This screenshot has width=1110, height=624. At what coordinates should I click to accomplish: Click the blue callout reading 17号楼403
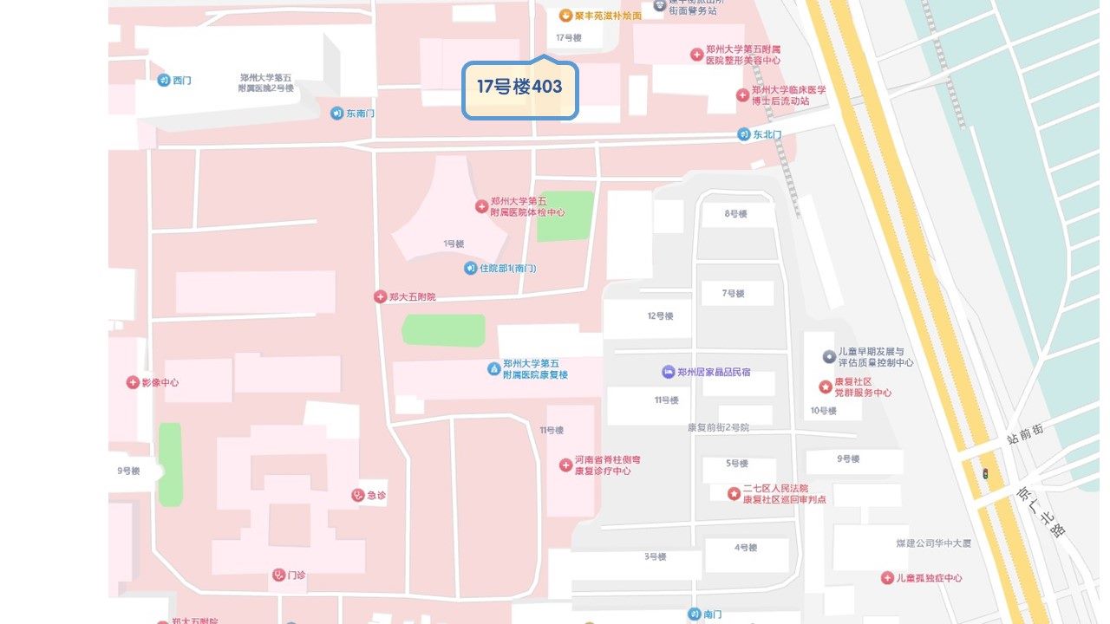pos(519,88)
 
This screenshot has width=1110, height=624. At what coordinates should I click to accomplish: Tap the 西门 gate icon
pos(163,81)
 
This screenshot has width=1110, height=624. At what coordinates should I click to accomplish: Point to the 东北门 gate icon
pos(744,134)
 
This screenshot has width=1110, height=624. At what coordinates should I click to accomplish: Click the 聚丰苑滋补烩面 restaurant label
pos(608,16)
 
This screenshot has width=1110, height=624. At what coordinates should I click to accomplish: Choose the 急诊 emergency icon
pos(357,495)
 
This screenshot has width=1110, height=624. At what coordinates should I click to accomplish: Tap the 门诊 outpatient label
pos(296,575)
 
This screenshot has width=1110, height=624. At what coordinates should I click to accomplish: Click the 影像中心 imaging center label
pos(160,382)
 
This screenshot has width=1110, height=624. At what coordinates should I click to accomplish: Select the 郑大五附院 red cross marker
pos(380,296)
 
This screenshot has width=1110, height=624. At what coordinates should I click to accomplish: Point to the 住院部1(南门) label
pos(508,269)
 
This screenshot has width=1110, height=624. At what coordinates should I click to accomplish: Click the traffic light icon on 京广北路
pos(985,474)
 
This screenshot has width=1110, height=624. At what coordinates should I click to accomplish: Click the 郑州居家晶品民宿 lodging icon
pos(668,372)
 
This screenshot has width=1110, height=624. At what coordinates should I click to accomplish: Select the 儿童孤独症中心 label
pos(929,578)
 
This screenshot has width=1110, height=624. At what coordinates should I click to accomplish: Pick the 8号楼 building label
pos(735,214)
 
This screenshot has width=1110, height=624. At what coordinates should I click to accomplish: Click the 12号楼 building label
pos(660,316)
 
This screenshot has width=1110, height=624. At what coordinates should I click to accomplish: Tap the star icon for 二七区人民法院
pos(734,494)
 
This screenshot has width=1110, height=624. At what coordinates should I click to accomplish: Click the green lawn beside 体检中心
pos(565,216)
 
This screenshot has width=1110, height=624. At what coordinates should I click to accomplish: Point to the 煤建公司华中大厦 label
pos(933,543)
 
